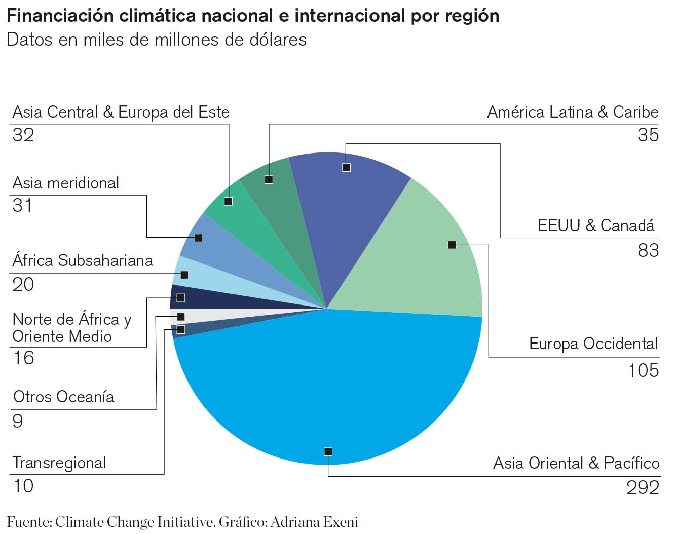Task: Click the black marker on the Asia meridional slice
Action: click(x=199, y=238)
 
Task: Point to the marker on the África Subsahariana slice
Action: click(x=184, y=275)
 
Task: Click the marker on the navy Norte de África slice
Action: click(x=181, y=298)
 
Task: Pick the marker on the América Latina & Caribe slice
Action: click(x=269, y=179)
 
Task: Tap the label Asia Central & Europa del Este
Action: click(x=121, y=112)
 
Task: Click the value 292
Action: click(x=643, y=487)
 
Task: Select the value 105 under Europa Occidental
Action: click(x=644, y=370)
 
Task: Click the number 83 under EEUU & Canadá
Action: click(x=648, y=250)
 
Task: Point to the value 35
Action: click(x=648, y=135)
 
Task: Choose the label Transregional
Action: click(x=59, y=463)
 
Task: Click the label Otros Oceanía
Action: click(x=64, y=397)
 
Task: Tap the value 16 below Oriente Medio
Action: click(x=23, y=358)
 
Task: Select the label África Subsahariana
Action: click(x=83, y=261)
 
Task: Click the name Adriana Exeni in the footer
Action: click(x=314, y=522)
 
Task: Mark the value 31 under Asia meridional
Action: click(x=22, y=206)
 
